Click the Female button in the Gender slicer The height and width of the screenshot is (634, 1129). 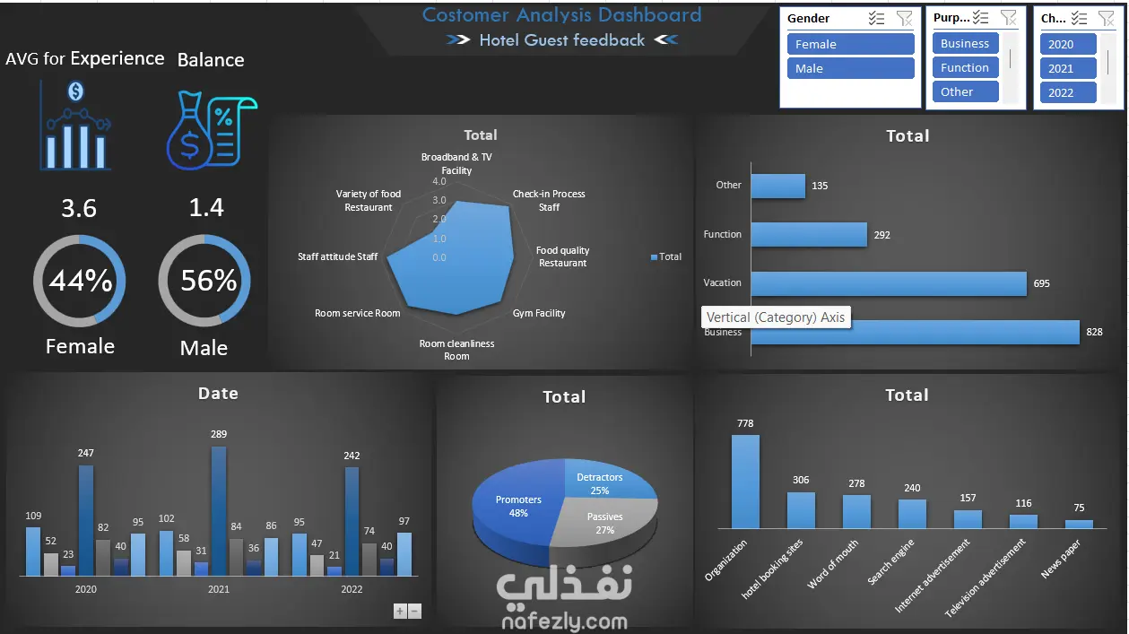pyautogui.click(x=850, y=44)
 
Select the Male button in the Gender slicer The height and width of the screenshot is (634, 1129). pyautogui.click(x=850, y=68)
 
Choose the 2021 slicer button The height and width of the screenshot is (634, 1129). pyautogui.click(x=1068, y=68)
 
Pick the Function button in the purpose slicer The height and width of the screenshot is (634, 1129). pyautogui.click(x=965, y=67)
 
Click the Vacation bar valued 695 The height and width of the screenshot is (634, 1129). pyautogui.click(x=888, y=283)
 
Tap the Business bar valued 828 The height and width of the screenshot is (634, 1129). pyautogui.click(x=915, y=332)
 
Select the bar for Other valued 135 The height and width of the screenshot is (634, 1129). pyautogui.click(x=777, y=187)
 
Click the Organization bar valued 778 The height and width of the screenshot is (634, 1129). pyautogui.click(x=745, y=482)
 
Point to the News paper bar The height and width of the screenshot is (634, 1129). pyautogui.click(x=1079, y=524)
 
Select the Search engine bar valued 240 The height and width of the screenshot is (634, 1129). pyautogui.click(x=912, y=514)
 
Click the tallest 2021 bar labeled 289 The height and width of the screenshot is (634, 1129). pyautogui.click(x=219, y=510)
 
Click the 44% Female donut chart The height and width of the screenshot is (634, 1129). pyautogui.click(x=80, y=281)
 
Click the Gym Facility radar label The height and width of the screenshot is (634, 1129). pyautogui.click(x=539, y=313)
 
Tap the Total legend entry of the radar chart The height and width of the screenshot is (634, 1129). pyautogui.click(x=665, y=257)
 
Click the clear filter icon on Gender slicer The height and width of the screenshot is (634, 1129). pyautogui.click(x=904, y=18)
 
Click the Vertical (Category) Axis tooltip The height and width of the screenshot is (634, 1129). pyautogui.click(x=775, y=317)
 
